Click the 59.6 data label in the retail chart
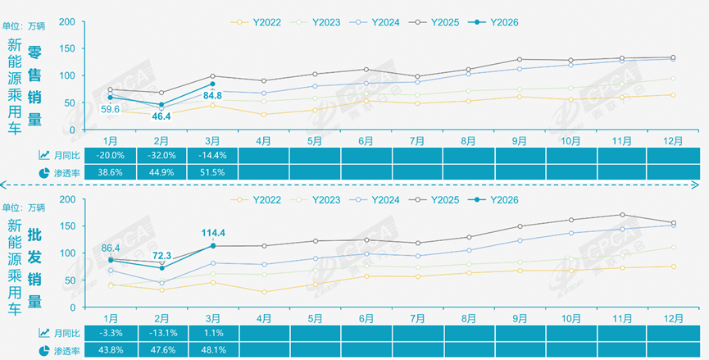111,109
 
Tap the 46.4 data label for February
161,116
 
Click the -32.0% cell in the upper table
161,154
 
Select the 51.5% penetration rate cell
212,172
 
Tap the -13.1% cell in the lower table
161,333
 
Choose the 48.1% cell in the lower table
212,350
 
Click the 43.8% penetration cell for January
111,350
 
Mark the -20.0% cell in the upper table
111,154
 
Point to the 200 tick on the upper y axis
69,22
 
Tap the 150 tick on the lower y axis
69,226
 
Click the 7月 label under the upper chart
416,139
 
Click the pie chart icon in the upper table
43,172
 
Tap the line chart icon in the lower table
43,333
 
